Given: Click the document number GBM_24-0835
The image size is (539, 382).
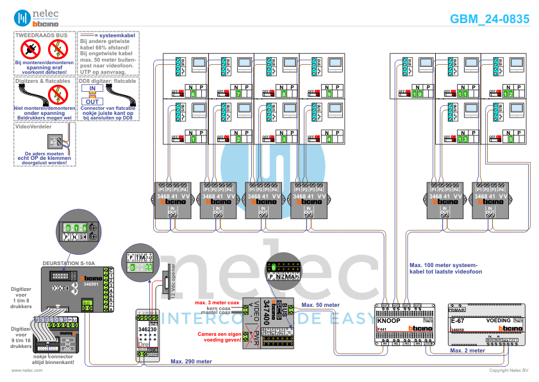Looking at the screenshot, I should pyautogui.click(x=490, y=19).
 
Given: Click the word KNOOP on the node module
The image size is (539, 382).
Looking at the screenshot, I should pyautogui.click(x=389, y=320).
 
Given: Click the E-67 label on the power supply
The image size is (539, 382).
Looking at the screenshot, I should pyautogui.click(x=458, y=320).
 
